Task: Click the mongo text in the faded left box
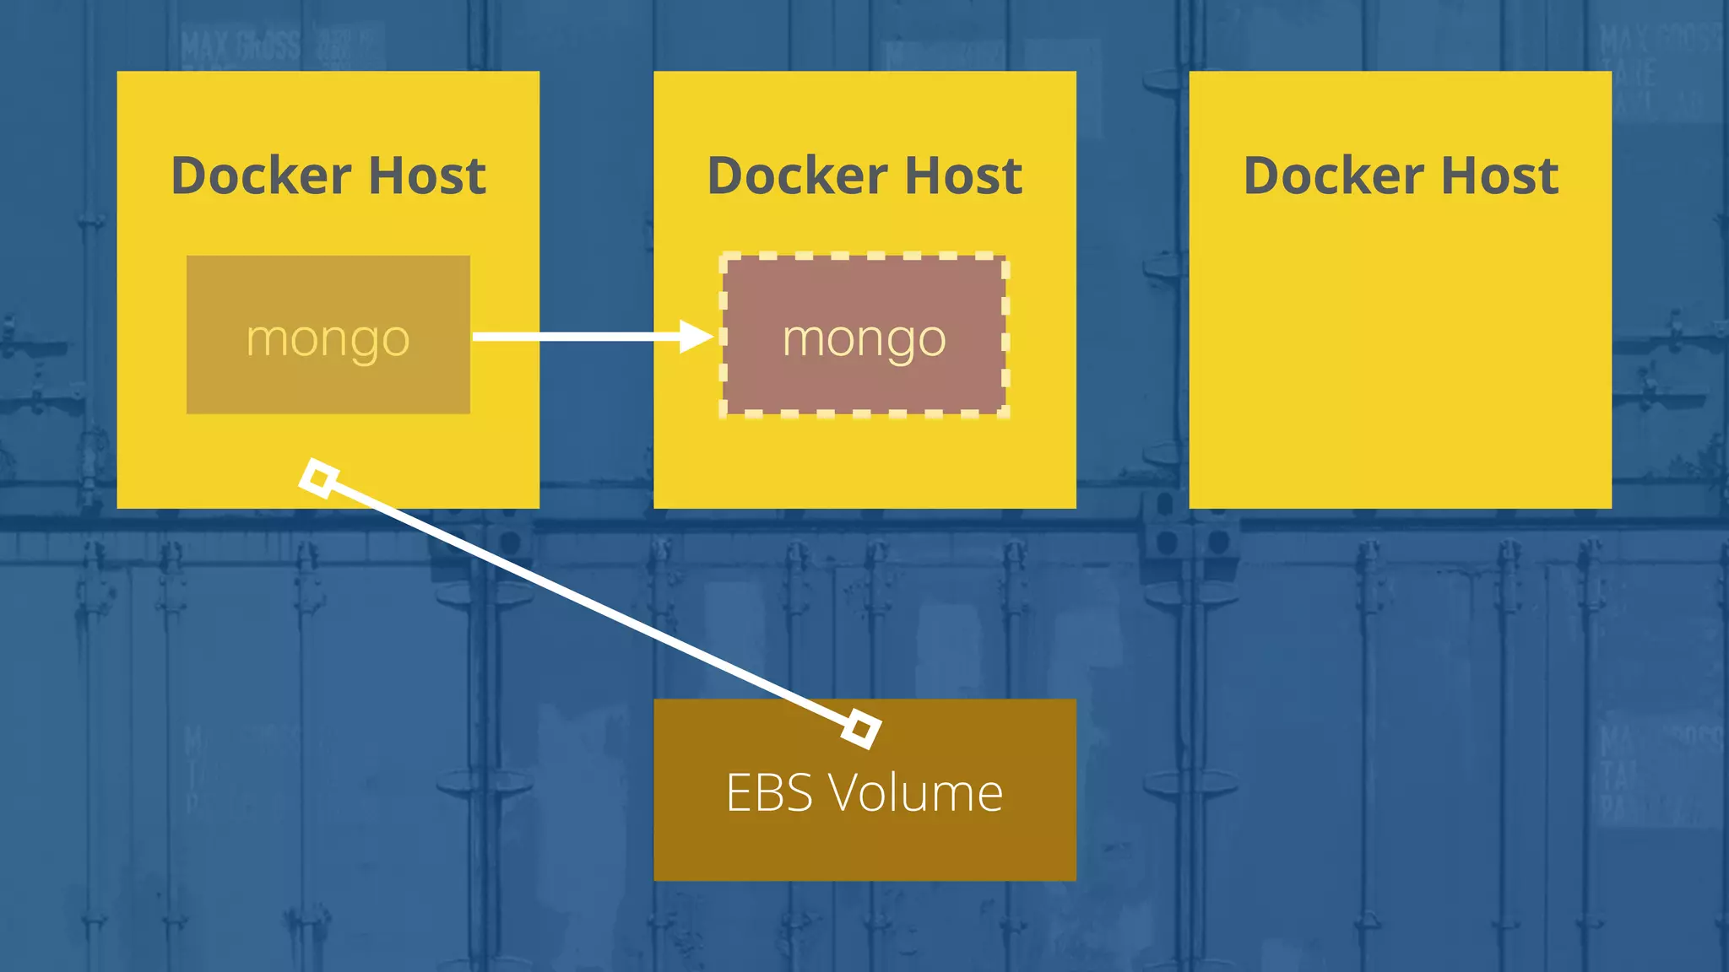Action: (x=328, y=339)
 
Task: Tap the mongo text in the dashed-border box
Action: (x=864, y=339)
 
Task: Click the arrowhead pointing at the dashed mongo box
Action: (x=697, y=337)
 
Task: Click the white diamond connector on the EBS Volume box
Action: (x=861, y=727)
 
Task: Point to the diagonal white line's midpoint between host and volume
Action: (x=590, y=603)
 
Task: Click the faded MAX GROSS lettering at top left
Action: (x=240, y=46)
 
